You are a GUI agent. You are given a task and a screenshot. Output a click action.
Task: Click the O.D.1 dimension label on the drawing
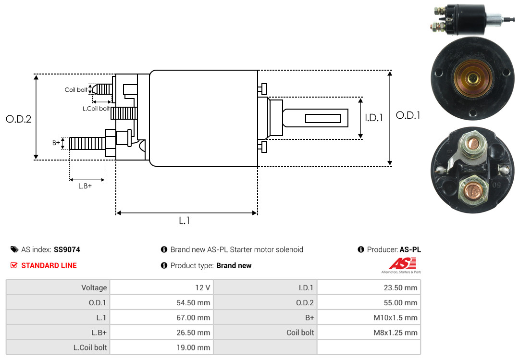click(408, 115)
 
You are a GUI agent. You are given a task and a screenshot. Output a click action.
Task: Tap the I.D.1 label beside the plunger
click(373, 117)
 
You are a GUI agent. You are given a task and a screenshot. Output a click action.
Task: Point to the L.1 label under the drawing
click(185, 221)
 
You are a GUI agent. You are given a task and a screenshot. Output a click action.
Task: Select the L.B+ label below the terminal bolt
click(85, 186)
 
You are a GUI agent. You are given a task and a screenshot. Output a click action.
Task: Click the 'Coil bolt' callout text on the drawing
click(76, 90)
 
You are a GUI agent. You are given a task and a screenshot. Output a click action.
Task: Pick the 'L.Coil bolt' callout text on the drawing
click(96, 109)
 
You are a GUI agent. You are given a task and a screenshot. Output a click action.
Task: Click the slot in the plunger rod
click(323, 118)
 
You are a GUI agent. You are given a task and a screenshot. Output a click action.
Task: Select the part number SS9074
click(67, 249)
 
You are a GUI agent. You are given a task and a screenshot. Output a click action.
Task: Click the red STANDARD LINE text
click(49, 265)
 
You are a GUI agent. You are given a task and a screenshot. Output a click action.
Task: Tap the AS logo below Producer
click(402, 264)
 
